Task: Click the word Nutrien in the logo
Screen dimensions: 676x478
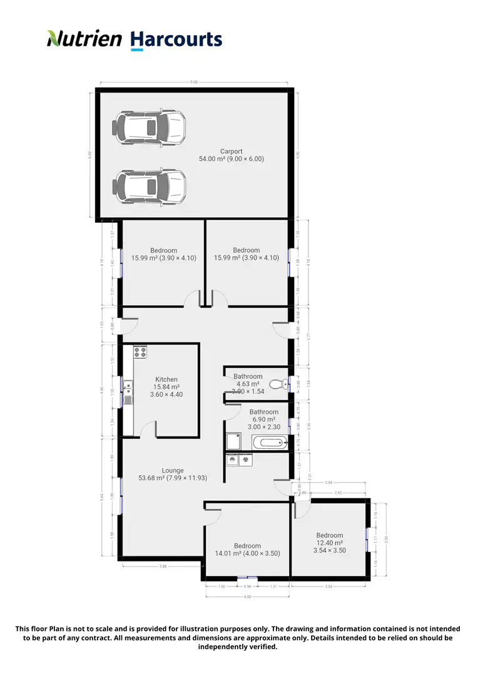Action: coord(84,39)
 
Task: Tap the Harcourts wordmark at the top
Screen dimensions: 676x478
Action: coord(176,40)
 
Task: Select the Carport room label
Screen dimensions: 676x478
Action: coord(231,151)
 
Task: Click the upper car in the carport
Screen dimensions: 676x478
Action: coord(149,128)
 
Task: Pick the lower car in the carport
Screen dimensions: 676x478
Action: coord(149,186)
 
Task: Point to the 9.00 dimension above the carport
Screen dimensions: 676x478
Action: coord(194,82)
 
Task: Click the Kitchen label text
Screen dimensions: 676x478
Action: coord(166,379)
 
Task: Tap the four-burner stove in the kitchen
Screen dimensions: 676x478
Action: coord(140,352)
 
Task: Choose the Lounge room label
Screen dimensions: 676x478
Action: coord(173,471)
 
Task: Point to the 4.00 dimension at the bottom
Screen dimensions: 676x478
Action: coord(247,597)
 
